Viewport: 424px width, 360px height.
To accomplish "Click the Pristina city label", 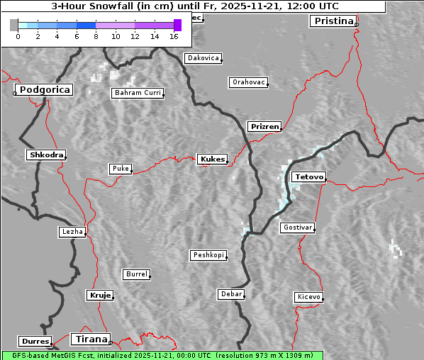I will tap(333, 21).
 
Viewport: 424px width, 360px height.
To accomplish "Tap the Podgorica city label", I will tap(44, 90).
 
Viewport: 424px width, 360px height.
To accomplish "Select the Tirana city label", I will tap(90, 339).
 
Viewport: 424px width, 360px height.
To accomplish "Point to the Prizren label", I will tap(265, 127).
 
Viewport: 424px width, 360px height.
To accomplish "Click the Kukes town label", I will tap(212, 159).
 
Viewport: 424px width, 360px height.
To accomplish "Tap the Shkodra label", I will tap(46, 155).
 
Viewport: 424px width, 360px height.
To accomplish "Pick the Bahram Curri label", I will tap(138, 93).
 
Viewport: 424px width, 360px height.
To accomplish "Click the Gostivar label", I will tap(296, 227).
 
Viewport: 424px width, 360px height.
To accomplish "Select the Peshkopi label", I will tap(208, 255).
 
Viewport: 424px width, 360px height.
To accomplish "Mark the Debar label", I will tap(231, 294).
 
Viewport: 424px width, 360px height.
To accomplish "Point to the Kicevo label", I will tap(308, 297).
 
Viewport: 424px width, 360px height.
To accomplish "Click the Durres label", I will tap(35, 342).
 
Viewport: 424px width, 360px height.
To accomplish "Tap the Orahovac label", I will tap(249, 83).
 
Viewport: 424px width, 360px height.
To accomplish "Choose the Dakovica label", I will tap(203, 58).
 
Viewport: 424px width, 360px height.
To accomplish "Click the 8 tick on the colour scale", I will tap(96, 36).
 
